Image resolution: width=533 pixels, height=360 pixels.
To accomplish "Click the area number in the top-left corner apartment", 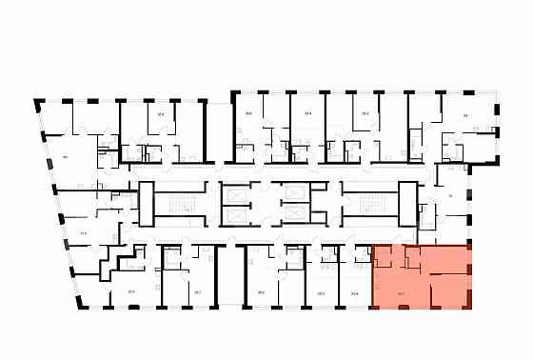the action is tap(65, 155).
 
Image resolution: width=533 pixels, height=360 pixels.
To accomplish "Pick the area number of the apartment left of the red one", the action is tap(354, 293).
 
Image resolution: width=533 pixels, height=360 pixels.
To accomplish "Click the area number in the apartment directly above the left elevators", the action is tap(248, 113).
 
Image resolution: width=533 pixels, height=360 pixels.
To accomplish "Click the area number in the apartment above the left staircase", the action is tap(161, 114).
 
